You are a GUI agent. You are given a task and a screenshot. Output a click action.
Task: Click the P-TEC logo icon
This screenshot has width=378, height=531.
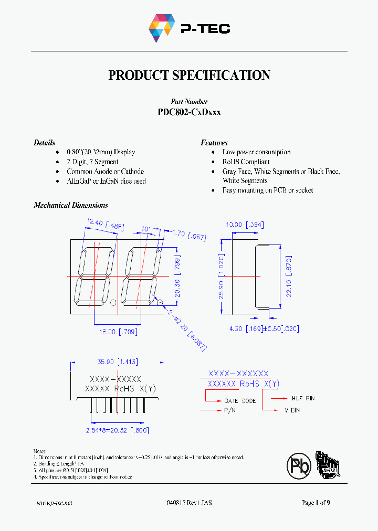(161, 28)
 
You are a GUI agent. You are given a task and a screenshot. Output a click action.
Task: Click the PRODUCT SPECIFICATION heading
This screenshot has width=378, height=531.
(189, 75)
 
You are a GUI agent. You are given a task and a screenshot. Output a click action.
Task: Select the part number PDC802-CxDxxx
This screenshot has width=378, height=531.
(189, 112)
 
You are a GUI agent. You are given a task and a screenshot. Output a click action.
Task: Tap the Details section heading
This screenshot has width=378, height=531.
(44, 143)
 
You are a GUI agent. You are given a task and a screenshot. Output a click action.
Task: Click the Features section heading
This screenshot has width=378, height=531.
(214, 143)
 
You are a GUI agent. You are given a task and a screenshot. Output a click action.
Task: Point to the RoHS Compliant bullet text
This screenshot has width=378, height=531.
(246, 162)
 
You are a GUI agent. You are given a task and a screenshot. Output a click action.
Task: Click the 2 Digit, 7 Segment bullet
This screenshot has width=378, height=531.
(92, 162)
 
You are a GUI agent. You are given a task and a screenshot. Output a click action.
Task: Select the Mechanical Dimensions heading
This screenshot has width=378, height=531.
(70, 205)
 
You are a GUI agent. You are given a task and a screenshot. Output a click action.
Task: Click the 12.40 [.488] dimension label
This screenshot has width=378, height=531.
(102, 225)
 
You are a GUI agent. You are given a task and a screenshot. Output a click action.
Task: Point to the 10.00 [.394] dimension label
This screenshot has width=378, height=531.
(244, 225)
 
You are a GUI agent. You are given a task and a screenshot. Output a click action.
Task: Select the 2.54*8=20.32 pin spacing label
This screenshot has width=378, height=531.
(117, 430)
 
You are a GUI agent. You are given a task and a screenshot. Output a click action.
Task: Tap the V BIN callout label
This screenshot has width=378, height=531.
(292, 410)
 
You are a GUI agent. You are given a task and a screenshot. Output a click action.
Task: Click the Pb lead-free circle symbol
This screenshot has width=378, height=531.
(299, 465)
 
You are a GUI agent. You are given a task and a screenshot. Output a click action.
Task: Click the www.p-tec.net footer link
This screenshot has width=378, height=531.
(55, 503)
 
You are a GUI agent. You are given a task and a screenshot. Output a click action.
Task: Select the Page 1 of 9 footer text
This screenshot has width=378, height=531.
(316, 503)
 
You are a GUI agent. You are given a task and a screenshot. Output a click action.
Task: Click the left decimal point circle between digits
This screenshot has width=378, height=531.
(113, 302)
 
